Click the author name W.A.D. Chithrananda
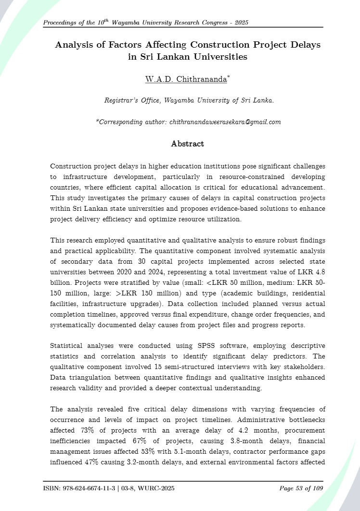tap(186, 79)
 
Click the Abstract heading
tap(187, 144)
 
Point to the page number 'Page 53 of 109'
tap(301, 489)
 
